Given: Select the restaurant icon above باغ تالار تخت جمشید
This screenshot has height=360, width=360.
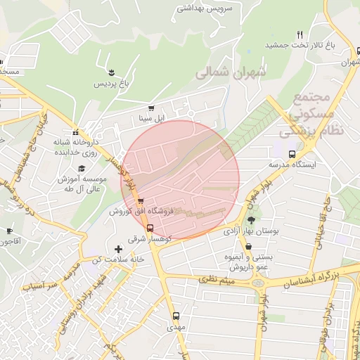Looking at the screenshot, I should (300, 34).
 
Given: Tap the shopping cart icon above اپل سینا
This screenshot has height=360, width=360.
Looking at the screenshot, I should (151, 108).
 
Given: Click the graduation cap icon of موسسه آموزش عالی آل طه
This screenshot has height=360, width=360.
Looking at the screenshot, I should (82, 169).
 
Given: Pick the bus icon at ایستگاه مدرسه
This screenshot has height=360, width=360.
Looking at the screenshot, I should (292, 154).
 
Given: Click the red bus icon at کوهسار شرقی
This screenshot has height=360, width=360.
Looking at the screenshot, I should (149, 227).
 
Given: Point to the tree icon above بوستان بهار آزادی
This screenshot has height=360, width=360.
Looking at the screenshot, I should (251, 220).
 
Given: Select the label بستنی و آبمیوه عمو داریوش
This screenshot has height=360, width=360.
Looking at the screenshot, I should (247, 262).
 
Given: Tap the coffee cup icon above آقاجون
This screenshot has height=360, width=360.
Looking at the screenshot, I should (9, 231).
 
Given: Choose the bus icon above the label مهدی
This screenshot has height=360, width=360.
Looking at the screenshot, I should (175, 316).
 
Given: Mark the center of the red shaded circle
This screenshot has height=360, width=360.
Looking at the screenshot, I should (181, 179).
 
